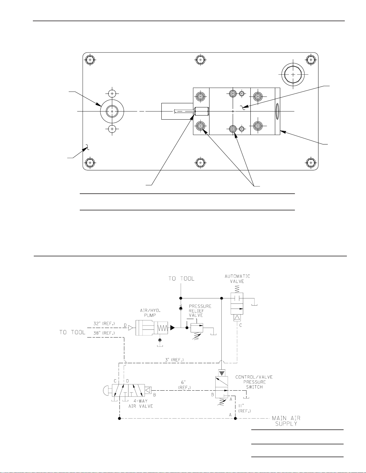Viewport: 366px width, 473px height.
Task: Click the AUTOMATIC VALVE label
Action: (237, 279)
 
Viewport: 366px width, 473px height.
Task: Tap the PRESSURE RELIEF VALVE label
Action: (200, 311)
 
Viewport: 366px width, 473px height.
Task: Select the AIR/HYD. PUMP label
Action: (150, 313)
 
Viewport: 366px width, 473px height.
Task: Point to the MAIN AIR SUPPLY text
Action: (286, 421)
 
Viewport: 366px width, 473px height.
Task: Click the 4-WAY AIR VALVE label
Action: (141, 403)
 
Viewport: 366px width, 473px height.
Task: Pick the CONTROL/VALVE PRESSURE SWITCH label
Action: (254, 382)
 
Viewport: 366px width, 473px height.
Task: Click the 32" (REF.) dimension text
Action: (104, 324)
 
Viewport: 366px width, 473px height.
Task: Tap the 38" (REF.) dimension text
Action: (104, 333)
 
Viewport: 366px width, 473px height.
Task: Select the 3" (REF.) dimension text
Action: (174, 360)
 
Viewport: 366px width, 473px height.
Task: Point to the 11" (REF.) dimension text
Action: (244, 408)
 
